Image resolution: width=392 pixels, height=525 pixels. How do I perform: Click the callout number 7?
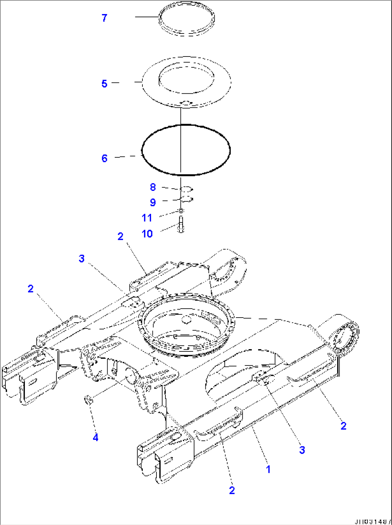click(x=104, y=18)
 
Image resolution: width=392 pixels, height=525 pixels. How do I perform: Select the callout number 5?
click(x=104, y=84)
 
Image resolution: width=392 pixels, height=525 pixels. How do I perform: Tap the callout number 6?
click(x=104, y=158)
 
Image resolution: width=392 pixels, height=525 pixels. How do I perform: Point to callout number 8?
click(x=153, y=187)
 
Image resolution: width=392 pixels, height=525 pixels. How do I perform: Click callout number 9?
click(x=153, y=202)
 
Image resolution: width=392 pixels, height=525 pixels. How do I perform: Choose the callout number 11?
click(x=147, y=217)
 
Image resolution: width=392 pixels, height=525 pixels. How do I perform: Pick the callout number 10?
click(x=147, y=234)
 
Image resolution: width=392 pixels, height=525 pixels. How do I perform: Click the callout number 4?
click(x=95, y=438)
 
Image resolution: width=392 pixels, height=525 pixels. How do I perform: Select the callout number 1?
click(x=268, y=469)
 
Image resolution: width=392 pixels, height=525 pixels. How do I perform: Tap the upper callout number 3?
click(x=82, y=258)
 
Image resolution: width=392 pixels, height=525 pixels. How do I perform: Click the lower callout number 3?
click(x=302, y=449)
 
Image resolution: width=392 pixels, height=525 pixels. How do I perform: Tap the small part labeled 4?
click(x=87, y=399)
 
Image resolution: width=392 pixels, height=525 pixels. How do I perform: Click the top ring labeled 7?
click(x=187, y=18)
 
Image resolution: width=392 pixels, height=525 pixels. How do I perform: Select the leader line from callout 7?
click(x=147, y=17)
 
